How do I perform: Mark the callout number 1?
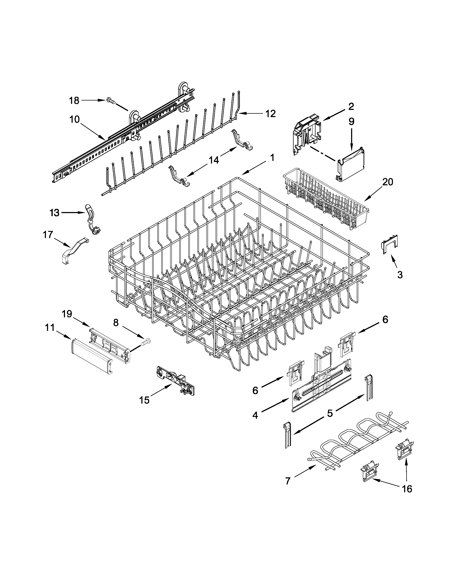[272, 157]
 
